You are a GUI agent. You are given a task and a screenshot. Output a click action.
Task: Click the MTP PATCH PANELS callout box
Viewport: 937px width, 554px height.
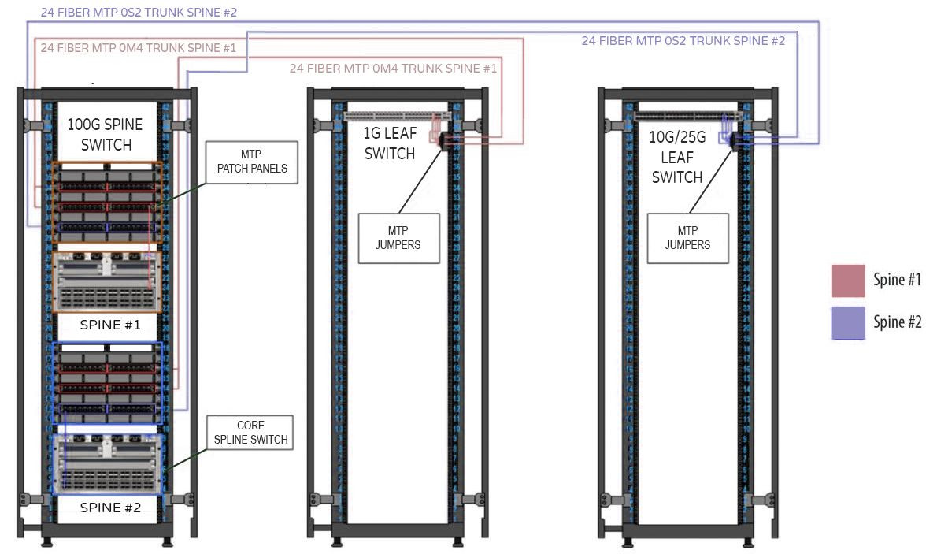click(x=252, y=163)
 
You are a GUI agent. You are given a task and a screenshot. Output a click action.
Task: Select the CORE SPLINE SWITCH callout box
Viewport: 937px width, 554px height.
click(x=250, y=433)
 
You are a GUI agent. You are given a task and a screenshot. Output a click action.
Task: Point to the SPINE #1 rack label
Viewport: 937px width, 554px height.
click(x=110, y=324)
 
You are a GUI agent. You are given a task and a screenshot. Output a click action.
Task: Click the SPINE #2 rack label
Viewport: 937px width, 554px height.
click(x=110, y=508)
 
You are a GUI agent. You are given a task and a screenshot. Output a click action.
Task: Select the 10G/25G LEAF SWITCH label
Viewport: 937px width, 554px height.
click(x=676, y=157)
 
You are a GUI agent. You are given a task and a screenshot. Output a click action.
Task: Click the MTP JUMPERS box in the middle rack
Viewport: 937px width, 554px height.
click(x=398, y=237)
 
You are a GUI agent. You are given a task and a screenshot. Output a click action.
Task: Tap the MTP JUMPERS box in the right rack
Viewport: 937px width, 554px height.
click(x=687, y=237)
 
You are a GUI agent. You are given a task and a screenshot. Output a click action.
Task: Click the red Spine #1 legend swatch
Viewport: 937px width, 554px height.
click(x=848, y=281)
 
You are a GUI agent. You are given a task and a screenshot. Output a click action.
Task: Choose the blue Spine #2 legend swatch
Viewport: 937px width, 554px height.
click(x=848, y=322)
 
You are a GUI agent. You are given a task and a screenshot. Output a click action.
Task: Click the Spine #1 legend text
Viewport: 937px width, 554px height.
click(x=897, y=280)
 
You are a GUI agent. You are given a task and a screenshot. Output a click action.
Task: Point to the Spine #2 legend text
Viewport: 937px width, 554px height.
click(x=897, y=322)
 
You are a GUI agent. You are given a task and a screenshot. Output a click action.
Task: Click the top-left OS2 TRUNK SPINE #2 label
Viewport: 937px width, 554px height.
click(x=139, y=13)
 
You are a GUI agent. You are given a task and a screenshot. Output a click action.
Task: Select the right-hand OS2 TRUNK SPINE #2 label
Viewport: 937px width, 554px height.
click(x=683, y=41)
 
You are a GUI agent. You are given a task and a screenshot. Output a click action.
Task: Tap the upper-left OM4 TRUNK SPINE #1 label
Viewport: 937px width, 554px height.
click(x=139, y=48)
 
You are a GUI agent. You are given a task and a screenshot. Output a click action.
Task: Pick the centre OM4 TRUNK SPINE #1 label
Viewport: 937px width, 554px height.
click(x=393, y=69)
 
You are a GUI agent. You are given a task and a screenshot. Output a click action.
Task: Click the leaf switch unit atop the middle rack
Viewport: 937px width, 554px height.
click(x=397, y=116)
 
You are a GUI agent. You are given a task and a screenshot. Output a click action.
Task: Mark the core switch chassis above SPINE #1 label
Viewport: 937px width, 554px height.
click(x=106, y=282)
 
